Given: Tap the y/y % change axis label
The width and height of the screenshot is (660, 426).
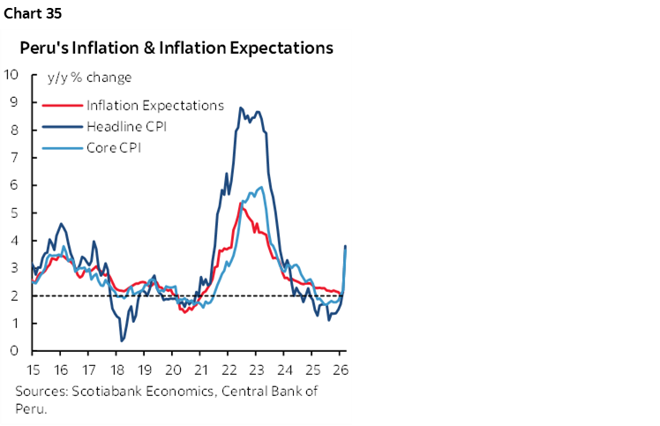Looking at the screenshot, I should coord(89,78).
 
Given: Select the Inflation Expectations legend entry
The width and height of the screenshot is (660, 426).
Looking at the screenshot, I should coord(154,105).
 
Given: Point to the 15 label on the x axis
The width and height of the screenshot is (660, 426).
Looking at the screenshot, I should coord(33,369).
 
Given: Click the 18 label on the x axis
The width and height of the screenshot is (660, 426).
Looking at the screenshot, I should coord(116,369).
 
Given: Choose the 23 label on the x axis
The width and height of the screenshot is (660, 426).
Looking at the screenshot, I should coord(257,369).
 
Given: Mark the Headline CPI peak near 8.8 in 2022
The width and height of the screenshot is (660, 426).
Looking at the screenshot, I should coord(241,108).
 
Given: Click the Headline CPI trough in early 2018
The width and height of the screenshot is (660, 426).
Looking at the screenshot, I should coord(122,340).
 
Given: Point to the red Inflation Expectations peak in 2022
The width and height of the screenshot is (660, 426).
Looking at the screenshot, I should coord(242,203).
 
